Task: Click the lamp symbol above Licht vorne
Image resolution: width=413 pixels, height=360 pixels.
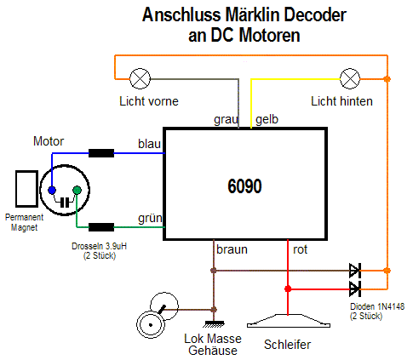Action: (x=140, y=78)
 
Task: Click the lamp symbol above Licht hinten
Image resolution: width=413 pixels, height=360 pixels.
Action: (x=350, y=78)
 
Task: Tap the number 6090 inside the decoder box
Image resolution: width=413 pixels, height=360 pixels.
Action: (x=244, y=186)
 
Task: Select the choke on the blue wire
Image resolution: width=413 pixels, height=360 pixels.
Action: (x=101, y=153)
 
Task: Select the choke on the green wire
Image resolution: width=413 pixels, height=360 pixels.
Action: (x=101, y=227)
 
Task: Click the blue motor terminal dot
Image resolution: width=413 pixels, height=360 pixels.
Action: (x=52, y=190)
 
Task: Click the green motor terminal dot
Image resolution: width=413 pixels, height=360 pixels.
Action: (x=77, y=190)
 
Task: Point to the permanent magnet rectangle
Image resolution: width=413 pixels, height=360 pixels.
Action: (x=26, y=189)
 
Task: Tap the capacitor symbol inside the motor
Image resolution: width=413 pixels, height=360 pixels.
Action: (x=65, y=203)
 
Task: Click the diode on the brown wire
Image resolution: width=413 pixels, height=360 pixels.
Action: (x=355, y=271)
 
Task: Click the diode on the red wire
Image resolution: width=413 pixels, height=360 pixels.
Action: (x=355, y=289)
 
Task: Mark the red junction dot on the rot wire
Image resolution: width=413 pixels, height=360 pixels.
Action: (x=288, y=289)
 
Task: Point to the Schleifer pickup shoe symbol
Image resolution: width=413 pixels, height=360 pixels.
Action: (x=289, y=321)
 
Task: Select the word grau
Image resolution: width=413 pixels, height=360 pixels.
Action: (x=226, y=120)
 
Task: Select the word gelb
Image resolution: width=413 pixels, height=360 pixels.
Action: (x=267, y=119)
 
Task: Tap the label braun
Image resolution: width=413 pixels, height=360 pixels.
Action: (x=232, y=249)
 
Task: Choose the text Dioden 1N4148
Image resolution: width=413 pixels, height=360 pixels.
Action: (x=377, y=306)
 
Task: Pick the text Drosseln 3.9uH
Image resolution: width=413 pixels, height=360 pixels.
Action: (x=99, y=246)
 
